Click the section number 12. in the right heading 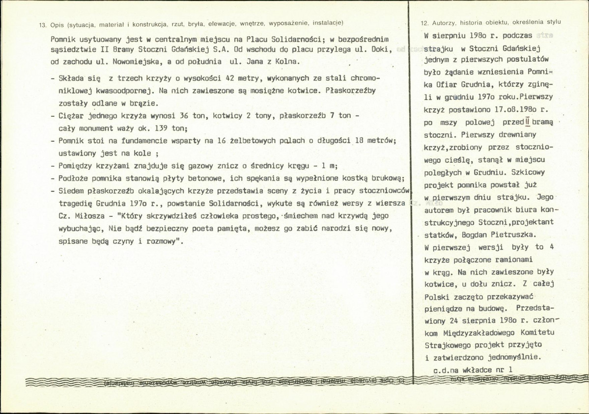pos(425,23)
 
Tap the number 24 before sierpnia pos(454,321)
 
